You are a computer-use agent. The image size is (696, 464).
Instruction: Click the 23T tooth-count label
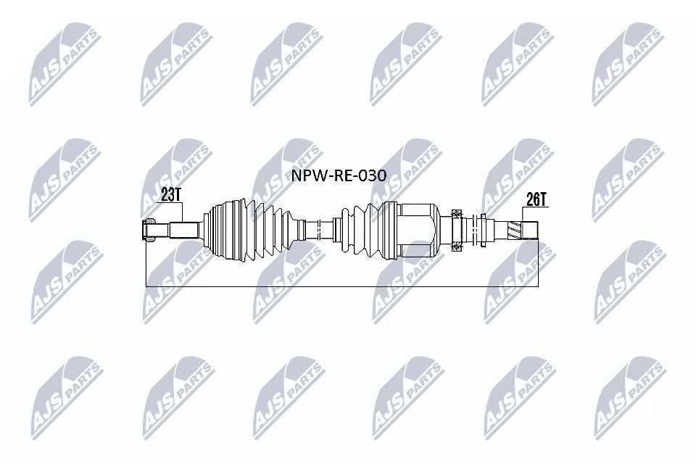pos(170,194)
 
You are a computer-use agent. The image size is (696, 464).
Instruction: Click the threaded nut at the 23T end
pos(150,230)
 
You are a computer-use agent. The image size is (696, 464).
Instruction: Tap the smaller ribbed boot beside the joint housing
pos(362,230)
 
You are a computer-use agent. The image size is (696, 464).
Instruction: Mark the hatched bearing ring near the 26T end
pos(457,230)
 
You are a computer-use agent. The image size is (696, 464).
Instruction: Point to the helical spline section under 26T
pos(516,229)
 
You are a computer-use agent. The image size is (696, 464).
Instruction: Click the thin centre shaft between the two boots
pos(317,230)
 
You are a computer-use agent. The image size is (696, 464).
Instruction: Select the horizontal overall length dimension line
pos(341,287)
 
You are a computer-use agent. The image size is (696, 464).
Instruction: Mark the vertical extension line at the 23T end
pos(146,265)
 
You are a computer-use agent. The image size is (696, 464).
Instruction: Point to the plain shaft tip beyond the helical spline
pos(531,229)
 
